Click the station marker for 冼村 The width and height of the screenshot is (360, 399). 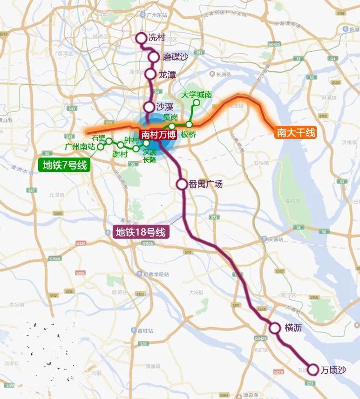141,38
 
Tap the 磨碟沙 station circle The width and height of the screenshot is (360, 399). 154,57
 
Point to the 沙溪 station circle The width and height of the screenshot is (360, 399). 149,107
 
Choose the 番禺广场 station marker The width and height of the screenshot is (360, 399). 182,184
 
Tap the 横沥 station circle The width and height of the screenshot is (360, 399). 275,328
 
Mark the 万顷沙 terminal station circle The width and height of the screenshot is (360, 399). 312,370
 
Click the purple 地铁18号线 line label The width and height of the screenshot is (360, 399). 140,232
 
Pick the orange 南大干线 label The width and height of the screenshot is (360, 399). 296,132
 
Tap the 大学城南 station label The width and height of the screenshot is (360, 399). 197,95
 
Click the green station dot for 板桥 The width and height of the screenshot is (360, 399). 189,124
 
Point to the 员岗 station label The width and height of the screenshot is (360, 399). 171,117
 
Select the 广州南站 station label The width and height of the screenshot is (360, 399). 80,147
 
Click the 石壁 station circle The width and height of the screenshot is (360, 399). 109,141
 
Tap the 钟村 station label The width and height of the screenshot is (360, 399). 131,140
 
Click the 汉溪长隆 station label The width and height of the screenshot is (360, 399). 149,156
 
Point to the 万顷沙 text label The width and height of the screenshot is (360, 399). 333,370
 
